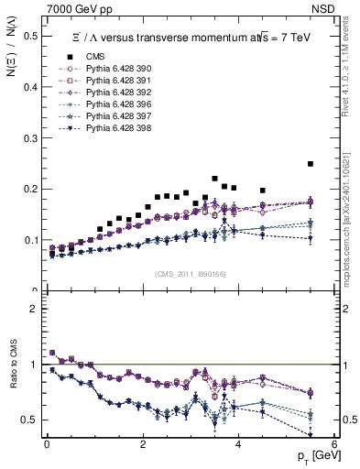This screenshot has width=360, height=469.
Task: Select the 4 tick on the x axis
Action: coord(237,445)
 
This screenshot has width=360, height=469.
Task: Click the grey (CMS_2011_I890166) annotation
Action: coord(188,274)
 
